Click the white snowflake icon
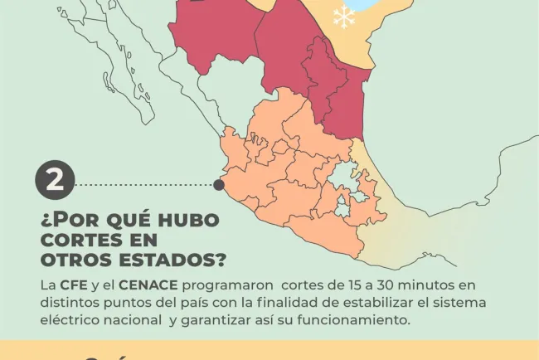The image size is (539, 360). click(x=342, y=17)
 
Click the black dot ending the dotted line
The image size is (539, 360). click(x=219, y=184)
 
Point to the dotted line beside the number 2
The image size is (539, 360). click(x=145, y=184)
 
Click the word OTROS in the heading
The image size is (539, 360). click(x=73, y=260)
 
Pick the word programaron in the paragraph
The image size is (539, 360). click(x=218, y=285)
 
